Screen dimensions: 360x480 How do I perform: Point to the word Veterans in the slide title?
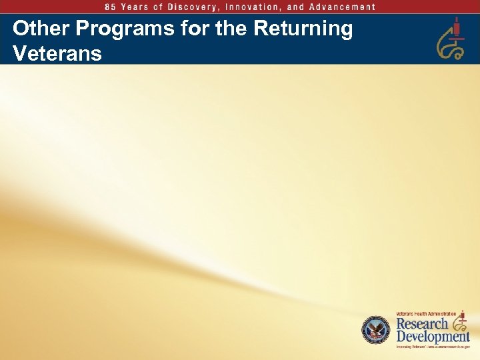point(57,53)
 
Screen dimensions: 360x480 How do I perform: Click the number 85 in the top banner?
point(110,7)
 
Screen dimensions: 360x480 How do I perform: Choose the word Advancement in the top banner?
point(341,7)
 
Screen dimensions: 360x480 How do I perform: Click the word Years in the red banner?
point(136,7)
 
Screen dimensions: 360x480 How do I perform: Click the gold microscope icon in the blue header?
point(450,40)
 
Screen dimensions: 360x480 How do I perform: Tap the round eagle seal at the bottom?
point(375,330)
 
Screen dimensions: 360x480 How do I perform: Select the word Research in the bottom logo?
point(423,323)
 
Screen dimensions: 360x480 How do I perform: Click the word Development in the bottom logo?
point(433,337)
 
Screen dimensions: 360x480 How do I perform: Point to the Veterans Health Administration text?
point(426,313)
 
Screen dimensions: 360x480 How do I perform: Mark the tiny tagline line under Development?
point(433,347)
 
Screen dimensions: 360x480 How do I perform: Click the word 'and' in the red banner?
point(297,7)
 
